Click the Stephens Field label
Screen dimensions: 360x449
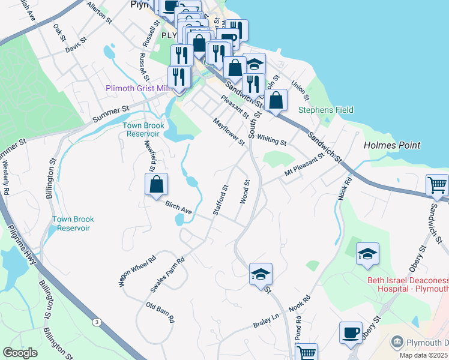tap(326, 110)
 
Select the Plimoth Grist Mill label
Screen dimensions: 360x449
tap(138, 88)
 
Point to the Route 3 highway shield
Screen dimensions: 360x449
tap(96, 322)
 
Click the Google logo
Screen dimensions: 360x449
tap(20, 353)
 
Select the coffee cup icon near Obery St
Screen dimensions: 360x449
tap(351, 333)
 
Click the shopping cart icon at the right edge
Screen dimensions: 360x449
tap(436, 185)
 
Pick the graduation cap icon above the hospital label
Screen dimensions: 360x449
tap(367, 254)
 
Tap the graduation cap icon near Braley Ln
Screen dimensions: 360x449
tap(261, 275)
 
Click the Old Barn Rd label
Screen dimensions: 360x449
tap(160, 313)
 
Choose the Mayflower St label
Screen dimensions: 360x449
tap(229, 131)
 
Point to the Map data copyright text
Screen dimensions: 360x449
tap(423, 355)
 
